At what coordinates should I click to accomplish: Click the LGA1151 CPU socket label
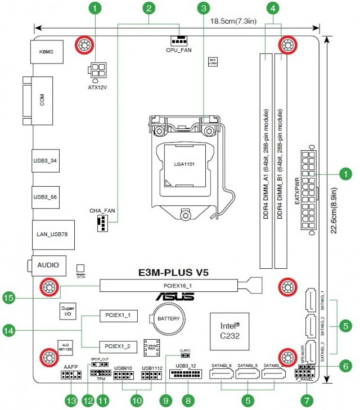(x=184, y=165)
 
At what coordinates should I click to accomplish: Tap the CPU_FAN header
(x=179, y=41)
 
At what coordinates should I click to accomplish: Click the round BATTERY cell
(x=168, y=318)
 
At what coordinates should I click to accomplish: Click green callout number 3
(x=204, y=8)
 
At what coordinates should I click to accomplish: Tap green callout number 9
(x=164, y=400)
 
